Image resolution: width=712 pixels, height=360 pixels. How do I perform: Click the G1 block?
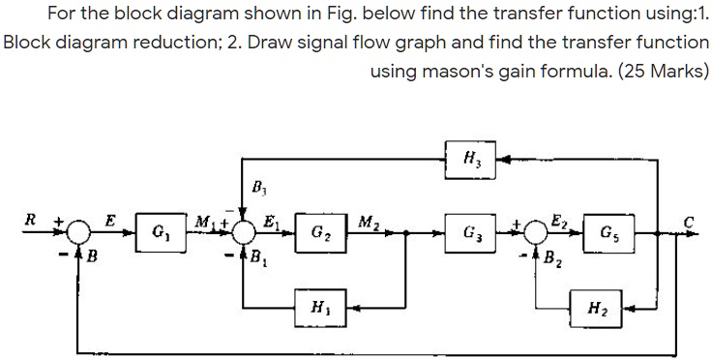point(160,233)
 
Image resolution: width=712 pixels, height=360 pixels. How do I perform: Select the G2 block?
point(317,233)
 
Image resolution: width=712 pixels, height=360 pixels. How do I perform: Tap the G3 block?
point(472,233)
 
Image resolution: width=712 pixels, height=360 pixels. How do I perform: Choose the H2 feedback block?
point(597,309)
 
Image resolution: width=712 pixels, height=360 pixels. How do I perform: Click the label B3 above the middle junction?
point(257,186)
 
